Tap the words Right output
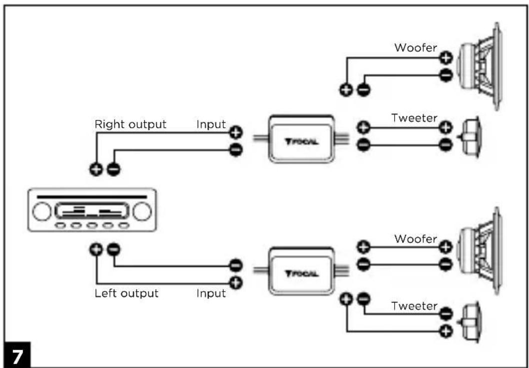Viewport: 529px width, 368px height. (x=130, y=124)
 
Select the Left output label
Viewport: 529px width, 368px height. (x=126, y=293)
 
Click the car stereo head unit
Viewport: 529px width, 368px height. (x=92, y=210)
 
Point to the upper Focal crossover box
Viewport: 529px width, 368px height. (x=301, y=139)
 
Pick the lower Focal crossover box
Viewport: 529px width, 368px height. (x=301, y=271)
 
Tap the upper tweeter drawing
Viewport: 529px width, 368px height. (x=471, y=137)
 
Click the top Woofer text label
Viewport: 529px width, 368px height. (x=416, y=48)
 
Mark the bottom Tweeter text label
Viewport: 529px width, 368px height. (x=414, y=306)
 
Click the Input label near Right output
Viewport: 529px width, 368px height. (x=211, y=124)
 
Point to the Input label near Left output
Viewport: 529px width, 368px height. (x=211, y=293)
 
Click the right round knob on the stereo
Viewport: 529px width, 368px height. (x=142, y=212)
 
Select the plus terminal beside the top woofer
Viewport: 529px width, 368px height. (x=445, y=58)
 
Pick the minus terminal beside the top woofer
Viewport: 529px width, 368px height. (x=445, y=76)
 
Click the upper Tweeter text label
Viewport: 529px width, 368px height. (x=414, y=119)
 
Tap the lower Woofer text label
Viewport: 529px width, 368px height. (x=416, y=239)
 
